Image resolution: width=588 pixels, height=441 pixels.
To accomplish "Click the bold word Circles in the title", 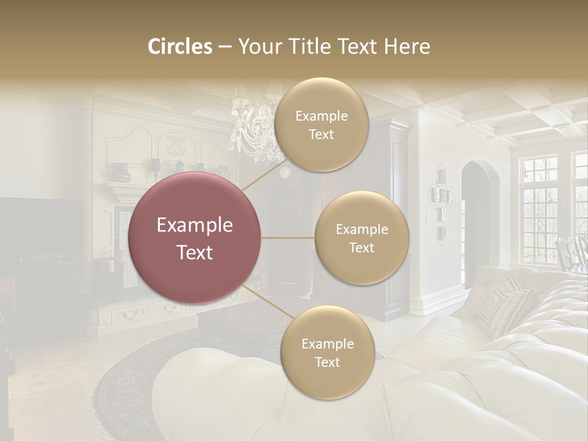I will pyautogui.click(x=180, y=47).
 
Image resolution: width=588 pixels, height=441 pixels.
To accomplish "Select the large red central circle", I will pyautogui.click(x=195, y=238).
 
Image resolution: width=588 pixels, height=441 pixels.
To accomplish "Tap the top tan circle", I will pyautogui.click(x=321, y=124).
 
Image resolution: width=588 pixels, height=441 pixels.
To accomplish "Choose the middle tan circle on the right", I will pyautogui.click(x=361, y=238).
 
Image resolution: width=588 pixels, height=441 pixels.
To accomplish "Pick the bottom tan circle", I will pyautogui.click(x=327, y=352).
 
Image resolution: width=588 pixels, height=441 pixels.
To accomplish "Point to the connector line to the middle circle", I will pyautogui.click(x=287, y=238).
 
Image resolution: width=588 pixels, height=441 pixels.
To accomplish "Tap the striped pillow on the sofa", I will pyautogui.click(x=505, y=306).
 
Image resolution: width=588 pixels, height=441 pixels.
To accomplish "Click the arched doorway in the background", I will pyautogui.click(x=477, y=214).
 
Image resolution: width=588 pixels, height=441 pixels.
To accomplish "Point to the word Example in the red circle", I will pyautogui.click(x=195, y=225).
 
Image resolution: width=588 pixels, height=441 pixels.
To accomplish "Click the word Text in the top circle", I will pyautogui.click(x=321, y=134).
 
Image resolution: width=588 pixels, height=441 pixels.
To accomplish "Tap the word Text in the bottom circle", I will pyautogui.click(x=327, y=362).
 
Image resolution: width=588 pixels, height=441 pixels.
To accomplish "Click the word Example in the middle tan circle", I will pyautogui.click(x=361, y=229).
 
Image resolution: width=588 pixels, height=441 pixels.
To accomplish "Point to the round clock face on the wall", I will pyautogui.click(x=285, y=172).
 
